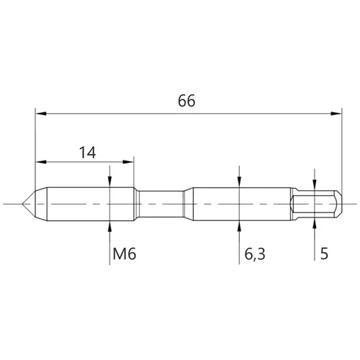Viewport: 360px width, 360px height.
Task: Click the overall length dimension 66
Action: click(186, 101)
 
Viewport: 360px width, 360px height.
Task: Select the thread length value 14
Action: click(88, 153)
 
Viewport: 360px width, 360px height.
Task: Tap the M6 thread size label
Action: click(125, 254)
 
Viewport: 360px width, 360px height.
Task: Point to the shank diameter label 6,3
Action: click(255, 254)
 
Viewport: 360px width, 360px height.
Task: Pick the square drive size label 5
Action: click(324, 253)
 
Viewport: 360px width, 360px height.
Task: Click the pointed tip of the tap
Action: click(22, 204)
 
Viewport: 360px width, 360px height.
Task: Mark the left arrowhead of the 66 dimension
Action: click(41, 113)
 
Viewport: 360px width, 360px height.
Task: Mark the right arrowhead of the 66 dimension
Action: click(336, 113)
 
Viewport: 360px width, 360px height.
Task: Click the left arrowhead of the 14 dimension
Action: click(41, 162)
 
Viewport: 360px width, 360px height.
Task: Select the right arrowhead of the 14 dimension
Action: click(128, 162)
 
